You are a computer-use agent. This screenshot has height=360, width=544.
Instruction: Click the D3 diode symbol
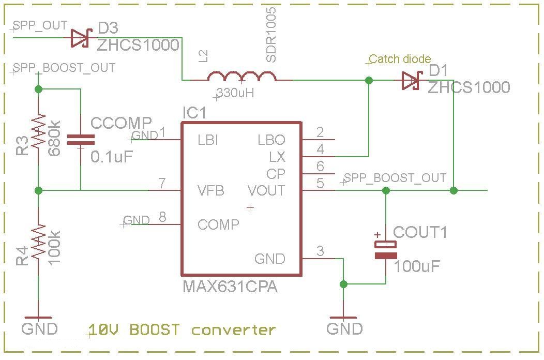point(81,38)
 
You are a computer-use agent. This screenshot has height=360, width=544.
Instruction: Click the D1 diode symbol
point(412,80)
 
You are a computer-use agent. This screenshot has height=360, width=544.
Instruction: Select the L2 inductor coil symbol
point(241,78)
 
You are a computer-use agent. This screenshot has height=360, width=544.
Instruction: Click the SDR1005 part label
point(270,35)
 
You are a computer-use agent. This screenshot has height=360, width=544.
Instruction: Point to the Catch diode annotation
point(400,59)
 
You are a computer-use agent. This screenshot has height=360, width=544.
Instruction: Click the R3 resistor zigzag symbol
point(38,131)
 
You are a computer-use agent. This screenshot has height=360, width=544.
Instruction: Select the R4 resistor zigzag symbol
point(38,242)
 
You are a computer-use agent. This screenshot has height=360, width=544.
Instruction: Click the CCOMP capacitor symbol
point(81,139)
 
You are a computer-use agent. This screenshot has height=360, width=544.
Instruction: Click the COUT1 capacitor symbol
point(386,250)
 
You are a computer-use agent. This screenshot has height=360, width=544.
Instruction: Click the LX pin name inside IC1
point(277,157)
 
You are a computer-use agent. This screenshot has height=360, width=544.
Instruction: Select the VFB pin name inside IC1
point(211,190)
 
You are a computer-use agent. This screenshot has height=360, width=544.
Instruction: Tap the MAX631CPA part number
point(230,287)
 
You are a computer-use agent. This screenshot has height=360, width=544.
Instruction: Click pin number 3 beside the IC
point(320,251)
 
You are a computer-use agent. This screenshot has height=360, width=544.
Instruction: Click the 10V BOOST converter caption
point(182,329)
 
